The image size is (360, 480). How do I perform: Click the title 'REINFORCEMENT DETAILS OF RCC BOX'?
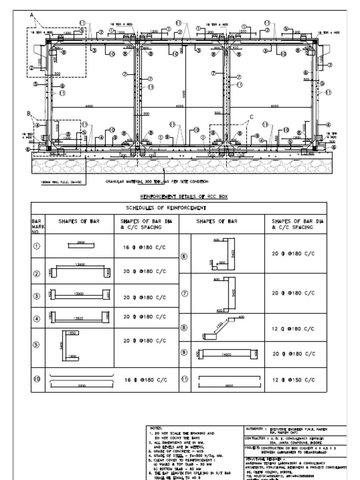pyautogui.click(x=184, y=197)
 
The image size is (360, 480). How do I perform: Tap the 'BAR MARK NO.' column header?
pyautogui.click(x=37, y=225)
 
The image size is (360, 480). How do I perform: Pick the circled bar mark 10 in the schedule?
pyautogui.click(x=37, y=379)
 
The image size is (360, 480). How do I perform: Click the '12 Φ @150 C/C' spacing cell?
pyautogui.click(x=293, y=380)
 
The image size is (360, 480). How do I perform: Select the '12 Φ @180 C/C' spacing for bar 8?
pyautogui.click(x=293, y=329)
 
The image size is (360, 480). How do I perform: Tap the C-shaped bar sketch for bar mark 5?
pyautogui.click(x=69, y=346)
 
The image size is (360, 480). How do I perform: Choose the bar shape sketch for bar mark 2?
pyautogui.click(x=80, y=271)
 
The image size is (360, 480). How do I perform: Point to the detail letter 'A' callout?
pyautogui.click(x=32, y=15)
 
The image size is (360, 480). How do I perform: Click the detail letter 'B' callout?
pyautogui.click(x=29, y=113)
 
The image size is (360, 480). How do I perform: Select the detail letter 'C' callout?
pyautogui.click(x=251, y=117)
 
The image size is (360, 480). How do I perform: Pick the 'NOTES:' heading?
pyautogui.click(x=156, y=428)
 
